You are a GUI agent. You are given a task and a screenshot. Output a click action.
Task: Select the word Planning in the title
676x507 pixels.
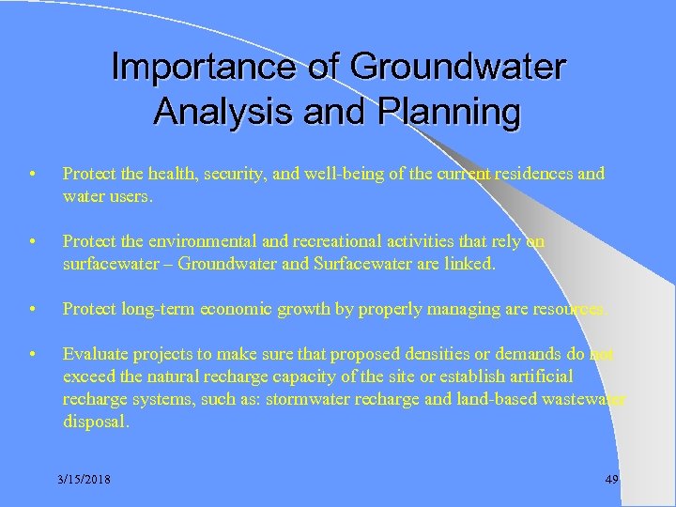point(449,111)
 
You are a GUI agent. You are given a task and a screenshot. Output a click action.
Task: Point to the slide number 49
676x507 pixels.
point(611,480)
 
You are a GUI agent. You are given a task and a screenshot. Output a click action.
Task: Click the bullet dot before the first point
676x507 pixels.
point(33,174)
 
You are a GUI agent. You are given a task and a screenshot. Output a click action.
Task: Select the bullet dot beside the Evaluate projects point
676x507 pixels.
point(33,354)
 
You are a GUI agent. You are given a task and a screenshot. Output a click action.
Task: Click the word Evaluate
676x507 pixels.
point(92,354)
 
